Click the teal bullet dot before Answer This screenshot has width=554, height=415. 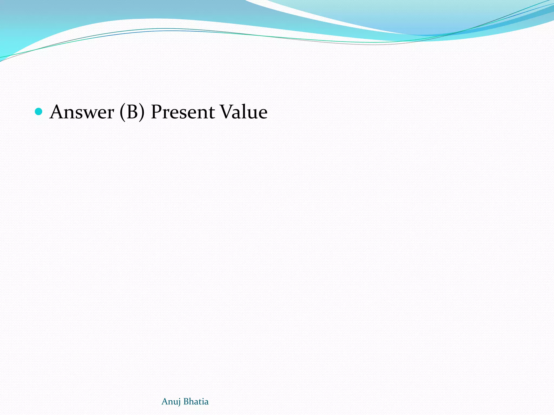(39, 111)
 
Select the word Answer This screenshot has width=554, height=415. (82, 112)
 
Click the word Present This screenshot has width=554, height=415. (183, 112)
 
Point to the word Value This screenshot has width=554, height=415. (243, 112)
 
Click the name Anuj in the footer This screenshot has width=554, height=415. (171, 402)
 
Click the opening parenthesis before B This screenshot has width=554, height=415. (123, 112)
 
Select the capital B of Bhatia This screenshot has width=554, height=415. (186, 401)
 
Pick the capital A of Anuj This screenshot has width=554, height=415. (164, 401)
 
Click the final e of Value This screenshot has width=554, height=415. (263, 113)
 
